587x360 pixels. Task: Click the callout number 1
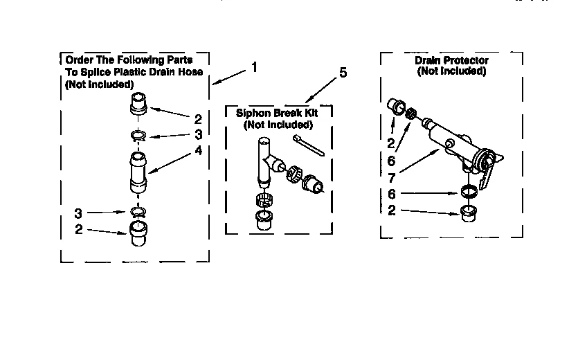[x=254, y=67]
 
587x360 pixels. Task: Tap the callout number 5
[x=343, y=73]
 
